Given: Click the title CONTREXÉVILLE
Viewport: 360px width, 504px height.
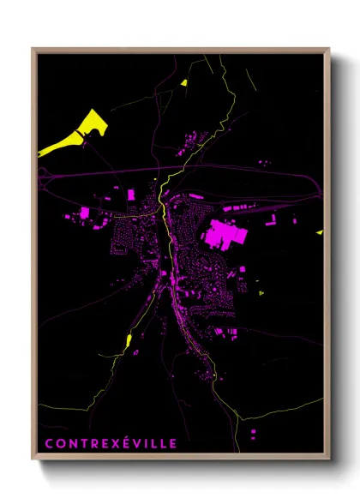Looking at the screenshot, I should pyautogui.click(x=111, y=443).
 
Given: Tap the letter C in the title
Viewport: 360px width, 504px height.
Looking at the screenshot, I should pyautogui.click(x=49, y=443).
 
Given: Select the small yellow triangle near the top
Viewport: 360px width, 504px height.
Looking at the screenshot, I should pyautogui.click(x=183, y=83).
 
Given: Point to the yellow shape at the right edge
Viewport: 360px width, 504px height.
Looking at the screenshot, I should pyautogui.click(x=319, y=231).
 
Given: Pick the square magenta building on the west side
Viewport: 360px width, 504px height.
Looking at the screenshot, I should pyautogui.click(x=85, y=212).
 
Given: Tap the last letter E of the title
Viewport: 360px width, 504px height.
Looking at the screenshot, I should pyautogui.click(x=174, y=443).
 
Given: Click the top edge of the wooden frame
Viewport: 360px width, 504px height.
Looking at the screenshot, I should pyautogui.click(x=180, y=49).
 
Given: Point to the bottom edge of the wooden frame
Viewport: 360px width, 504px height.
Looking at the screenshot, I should pyautogui.click(x=180, y=459).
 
